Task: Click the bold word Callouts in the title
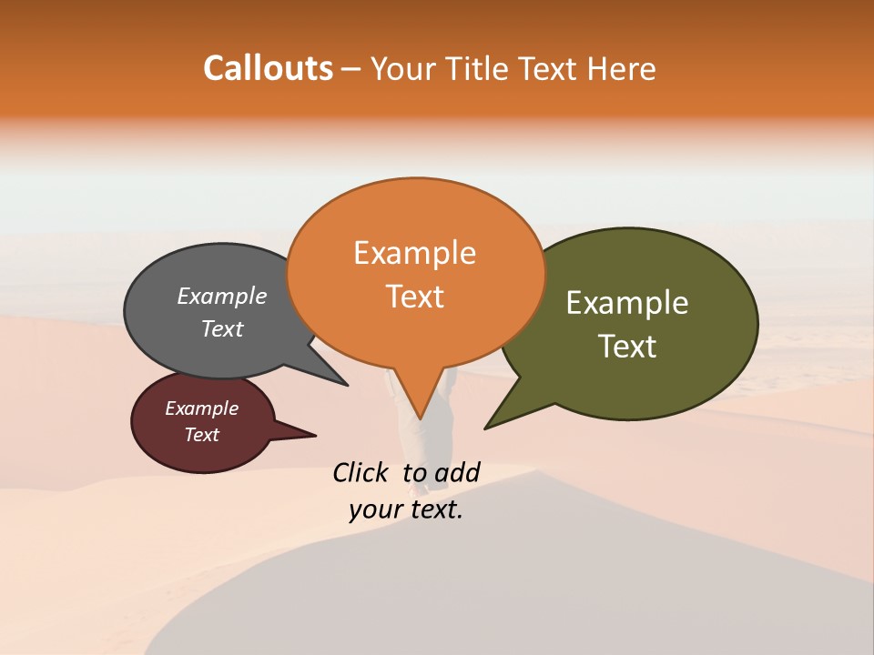268,68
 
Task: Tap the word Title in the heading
480,68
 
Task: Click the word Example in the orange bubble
414,253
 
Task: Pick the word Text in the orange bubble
414,297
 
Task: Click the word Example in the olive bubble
627,303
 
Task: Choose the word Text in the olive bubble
627,347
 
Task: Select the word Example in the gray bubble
222,296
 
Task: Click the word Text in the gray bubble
222,328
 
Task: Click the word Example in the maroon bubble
201,408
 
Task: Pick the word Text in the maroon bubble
201,435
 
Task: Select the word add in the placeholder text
457,472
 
